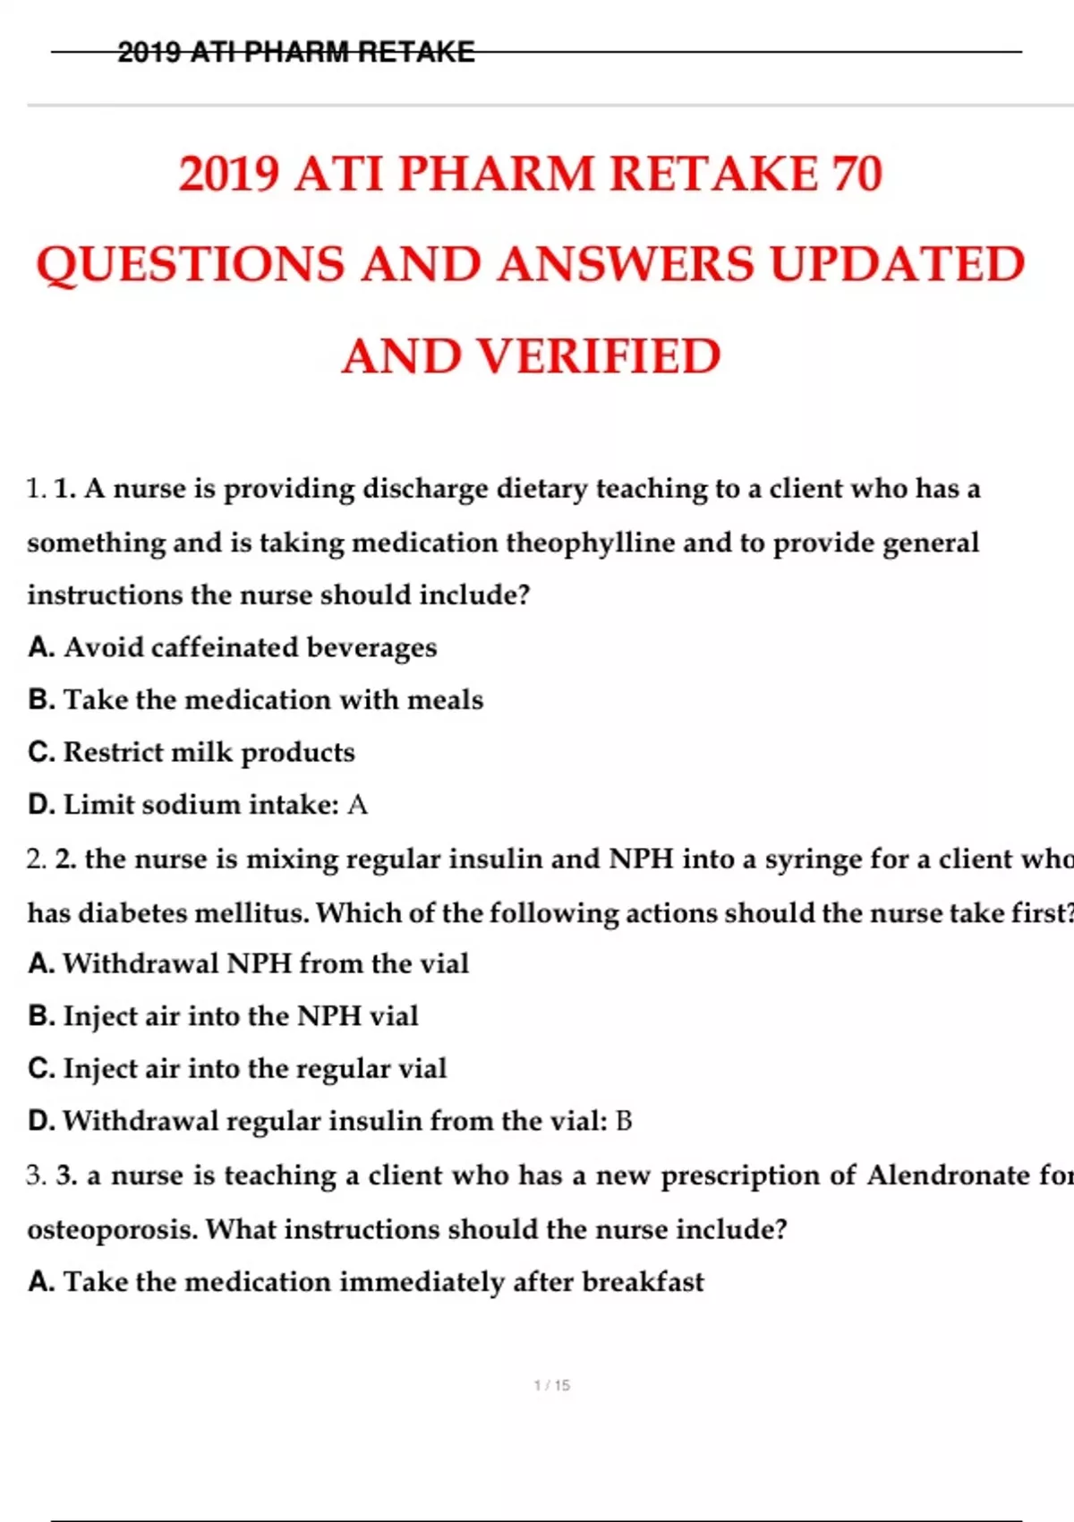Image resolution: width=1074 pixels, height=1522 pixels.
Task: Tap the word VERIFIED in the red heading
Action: (x=599, y=356)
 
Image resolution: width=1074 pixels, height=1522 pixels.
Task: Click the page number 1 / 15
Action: (x=551, y=1385)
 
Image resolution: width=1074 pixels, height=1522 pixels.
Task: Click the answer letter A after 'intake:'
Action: (x=357, y=805)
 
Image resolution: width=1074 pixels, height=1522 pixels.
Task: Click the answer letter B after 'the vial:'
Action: (x=624, y=1121)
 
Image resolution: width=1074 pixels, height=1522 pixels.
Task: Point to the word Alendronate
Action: (x=948, y=1175)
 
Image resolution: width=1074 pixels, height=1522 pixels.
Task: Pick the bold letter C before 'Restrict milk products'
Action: (x=40, y=752)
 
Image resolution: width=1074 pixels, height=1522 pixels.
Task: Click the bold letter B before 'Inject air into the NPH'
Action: (x=40, y=1016)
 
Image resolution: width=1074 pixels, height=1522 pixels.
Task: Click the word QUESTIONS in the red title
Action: (x=191, y=265)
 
